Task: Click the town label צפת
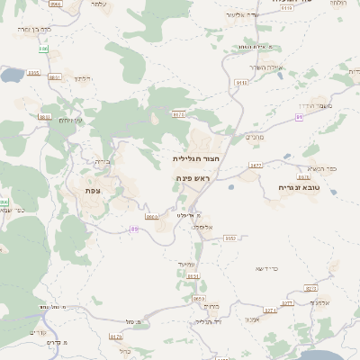click(x=91, y=191)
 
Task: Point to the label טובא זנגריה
click(x=287, y=188)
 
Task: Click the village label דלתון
click(x=83, y=78)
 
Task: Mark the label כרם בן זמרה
click(x=33, y=30)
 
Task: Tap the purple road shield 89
click(x=134, y=229)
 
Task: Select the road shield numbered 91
click(x=299, y=116)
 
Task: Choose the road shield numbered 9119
click(x=241, y=82)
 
